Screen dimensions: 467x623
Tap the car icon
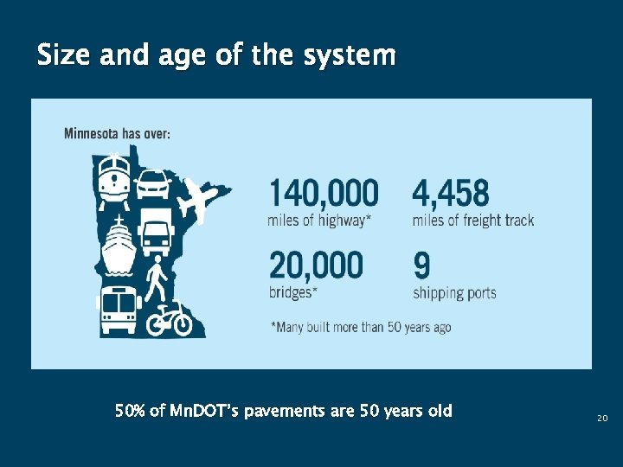tap(154, 183)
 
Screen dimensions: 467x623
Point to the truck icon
tap(156, 232)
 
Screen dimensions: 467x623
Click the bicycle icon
tap(169, 318)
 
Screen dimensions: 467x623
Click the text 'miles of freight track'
tap(472, 221)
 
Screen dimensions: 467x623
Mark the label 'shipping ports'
tap(454, 293)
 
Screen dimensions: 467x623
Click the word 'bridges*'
tap(292, 293)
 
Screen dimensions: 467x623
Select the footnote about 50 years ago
tap(361, 327)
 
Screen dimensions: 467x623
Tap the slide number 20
tap(602, 419)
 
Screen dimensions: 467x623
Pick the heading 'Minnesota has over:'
tap(117, 134)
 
